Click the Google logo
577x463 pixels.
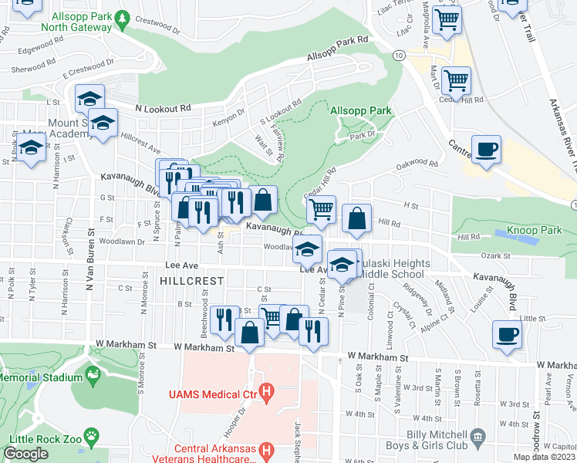[25, 454]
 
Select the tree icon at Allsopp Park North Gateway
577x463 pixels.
[122, 17]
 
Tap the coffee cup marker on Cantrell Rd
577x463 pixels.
[486, 149]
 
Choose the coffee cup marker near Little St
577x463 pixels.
[508, 334]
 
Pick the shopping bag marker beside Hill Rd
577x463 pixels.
[356, 219]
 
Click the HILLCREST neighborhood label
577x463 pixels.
[191, 282]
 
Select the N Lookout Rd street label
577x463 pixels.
[162, 109]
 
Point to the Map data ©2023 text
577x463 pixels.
[545, 457]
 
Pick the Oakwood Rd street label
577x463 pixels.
[417, 164]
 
